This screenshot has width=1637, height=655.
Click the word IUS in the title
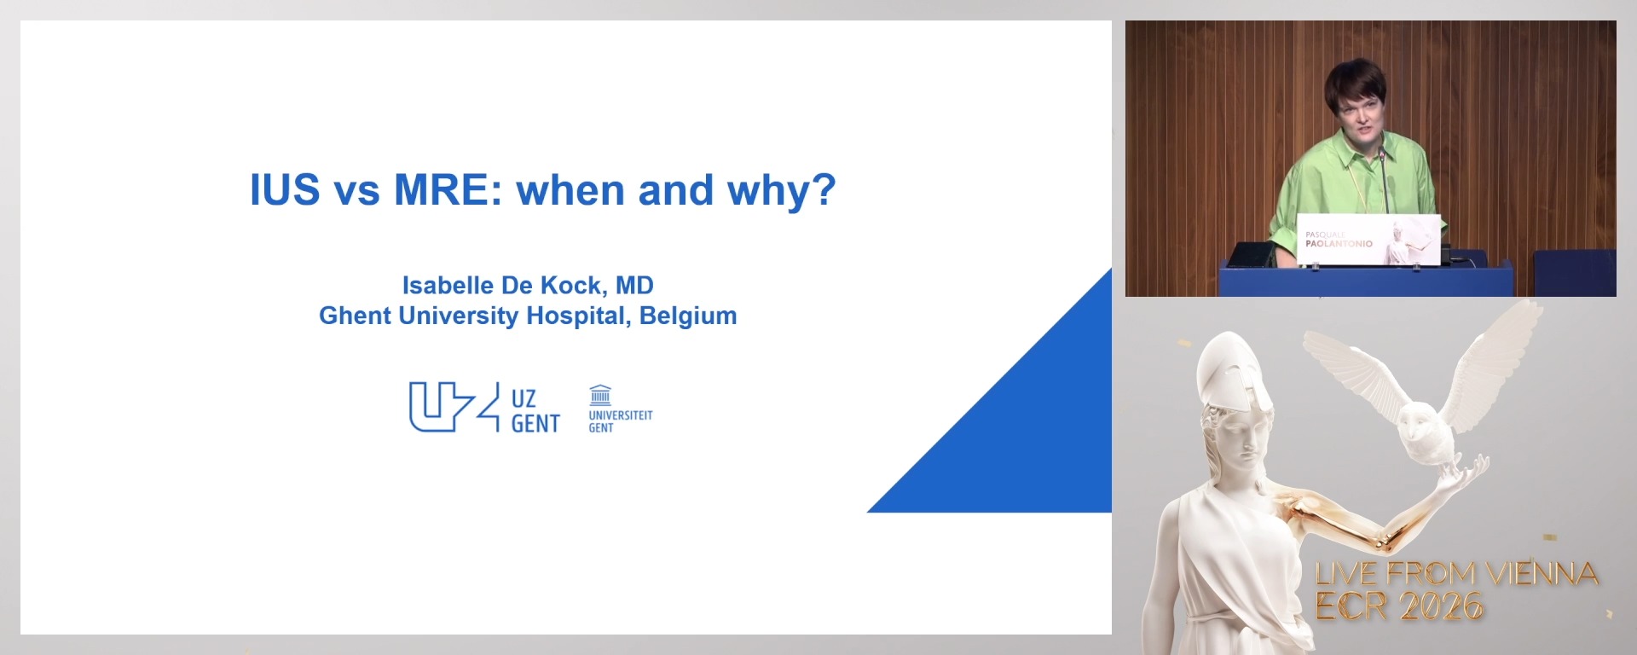point(284,189)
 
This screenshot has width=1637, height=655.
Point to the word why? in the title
point(781,191)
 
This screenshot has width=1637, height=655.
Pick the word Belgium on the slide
point(688,316)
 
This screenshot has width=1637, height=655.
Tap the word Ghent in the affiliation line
point(355,316)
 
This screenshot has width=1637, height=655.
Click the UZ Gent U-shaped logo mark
point(452,407)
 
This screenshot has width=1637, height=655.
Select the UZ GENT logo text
point(535,411)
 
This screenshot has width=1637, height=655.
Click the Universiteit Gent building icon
point(600,394)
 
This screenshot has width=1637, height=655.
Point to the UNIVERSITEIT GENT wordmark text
point(620,421)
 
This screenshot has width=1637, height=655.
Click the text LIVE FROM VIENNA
point(1455,574)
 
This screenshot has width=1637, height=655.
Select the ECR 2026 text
point(1398,606)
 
